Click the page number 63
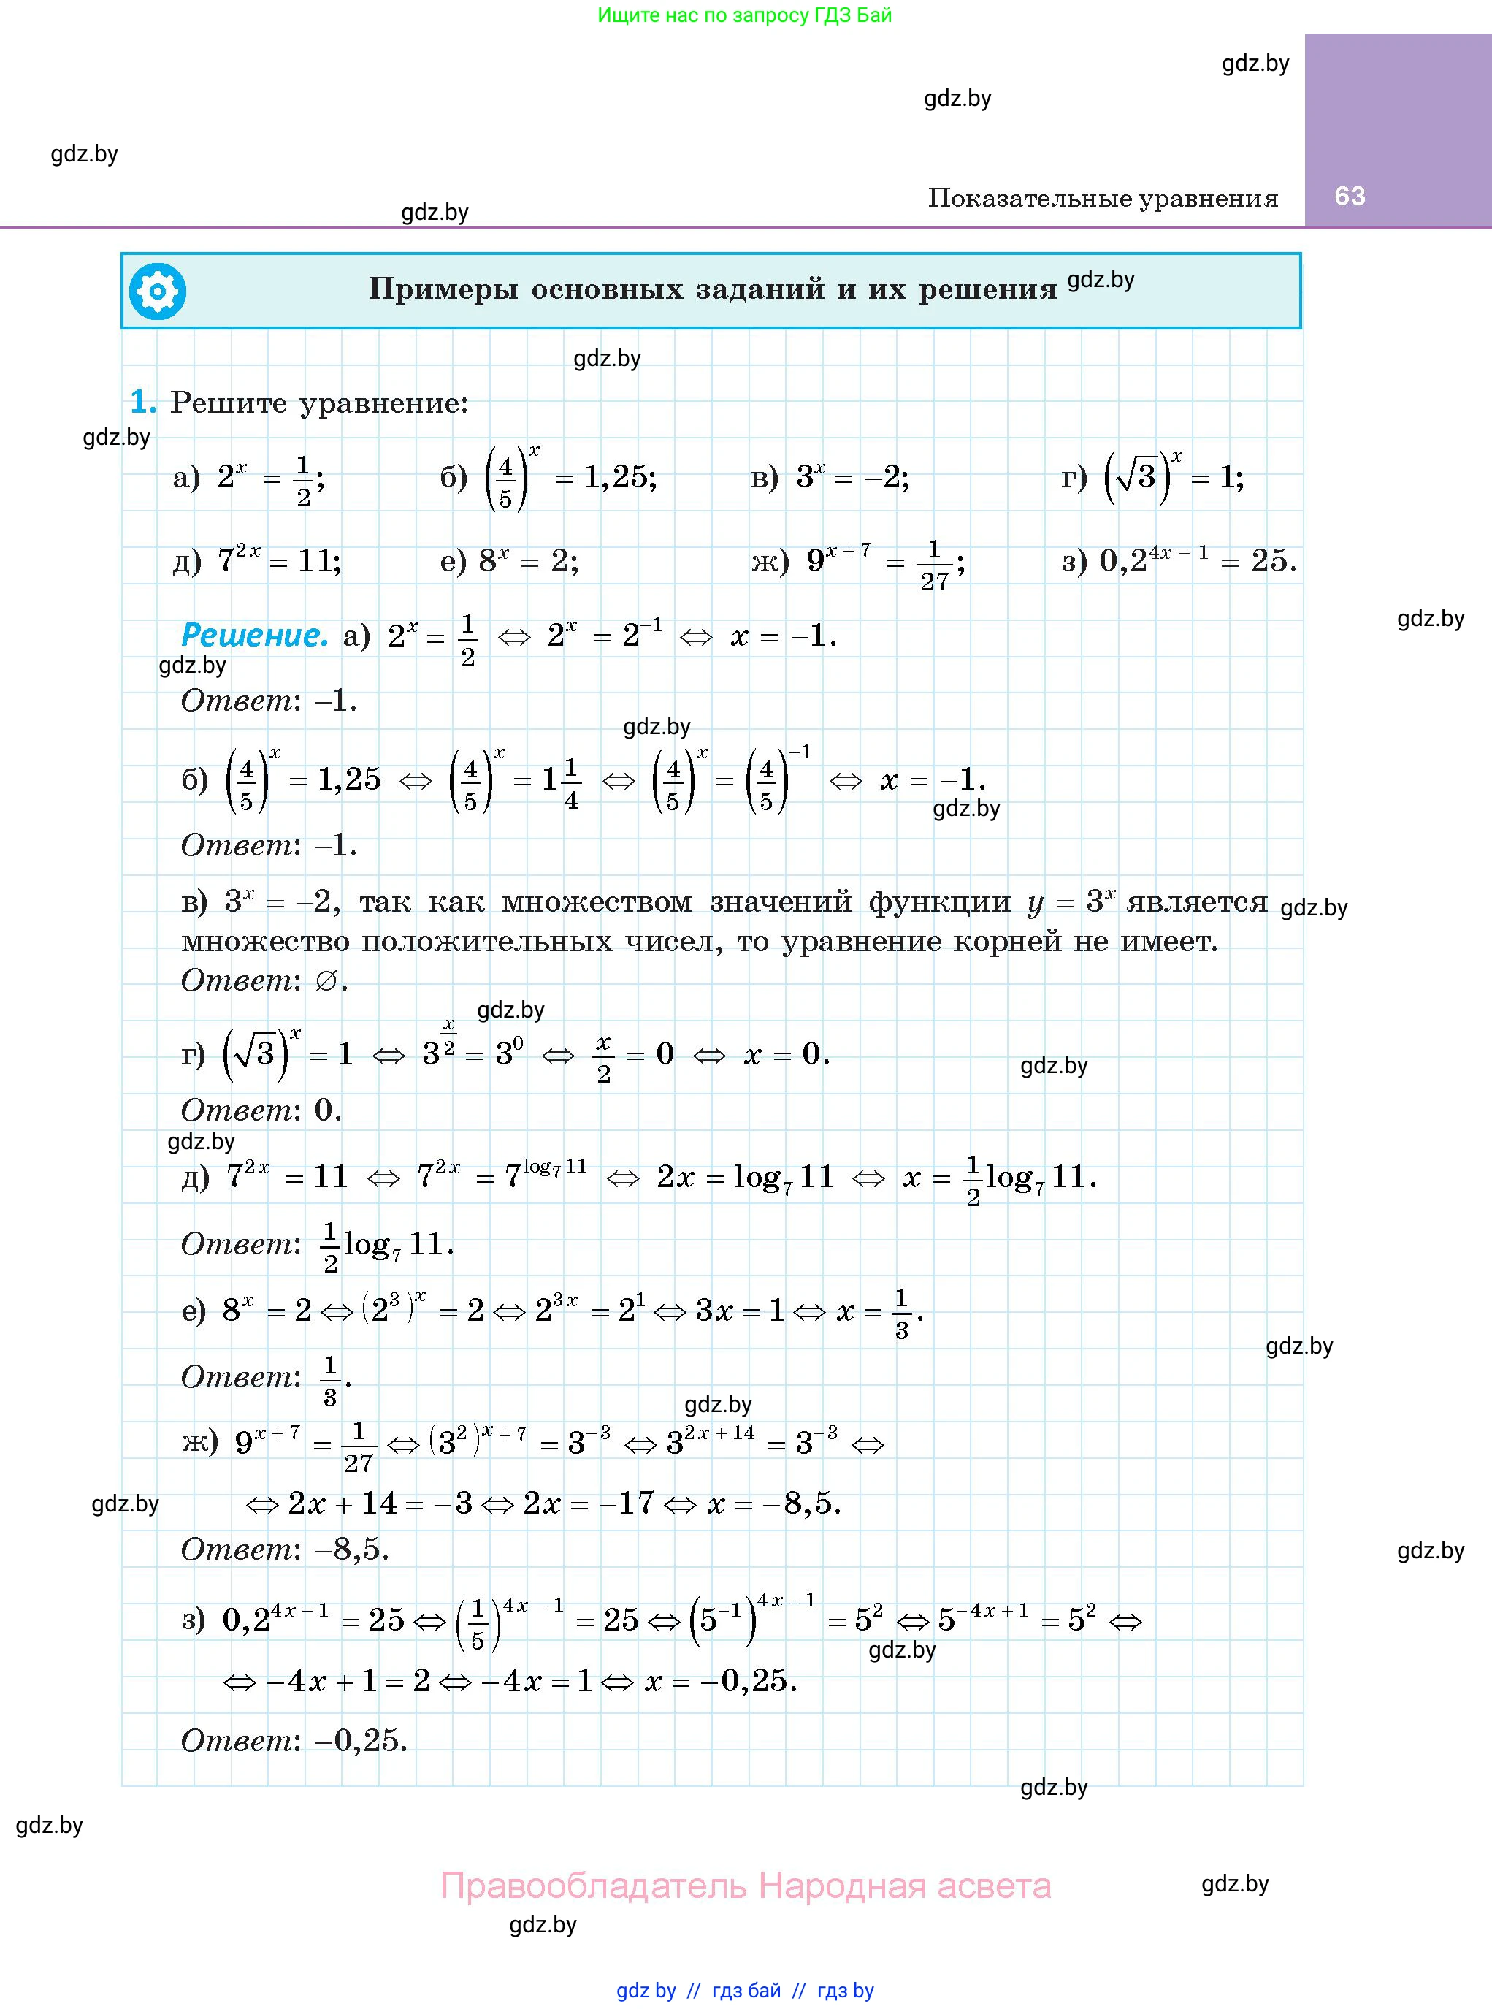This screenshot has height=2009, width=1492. pos(1350,196)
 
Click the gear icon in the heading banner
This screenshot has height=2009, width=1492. pos(157,291)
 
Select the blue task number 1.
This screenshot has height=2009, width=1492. pos(142,402)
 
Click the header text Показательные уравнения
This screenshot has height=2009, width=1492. pos(1103,199)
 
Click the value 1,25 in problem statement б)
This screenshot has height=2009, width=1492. pos(619,477)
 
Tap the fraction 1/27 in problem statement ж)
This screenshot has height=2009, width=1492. pos(934,565)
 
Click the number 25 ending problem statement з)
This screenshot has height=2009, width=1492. pos(1269,561)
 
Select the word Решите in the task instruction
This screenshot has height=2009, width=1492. pos(229,403)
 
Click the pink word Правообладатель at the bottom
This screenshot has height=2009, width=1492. pos(592,1886)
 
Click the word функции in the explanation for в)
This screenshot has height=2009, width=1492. pos(939,901)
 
